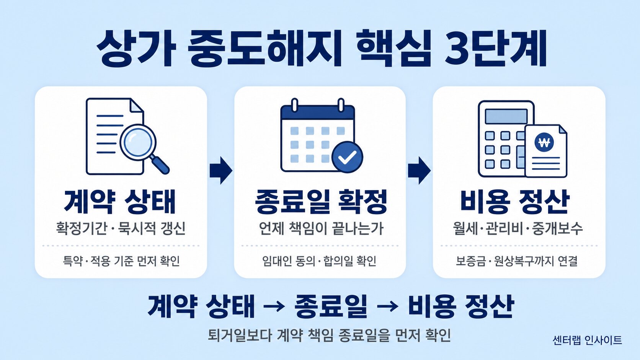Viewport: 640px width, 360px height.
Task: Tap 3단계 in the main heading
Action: tap(495, 49)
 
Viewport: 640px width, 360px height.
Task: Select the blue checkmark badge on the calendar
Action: tap(347, 157)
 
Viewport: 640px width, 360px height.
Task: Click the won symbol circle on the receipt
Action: tap(544, 142)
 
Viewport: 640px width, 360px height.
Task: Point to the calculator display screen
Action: tap(506, 116)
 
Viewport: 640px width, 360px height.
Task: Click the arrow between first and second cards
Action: tap(221, 171)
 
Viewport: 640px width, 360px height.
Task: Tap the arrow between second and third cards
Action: tap(419, 171)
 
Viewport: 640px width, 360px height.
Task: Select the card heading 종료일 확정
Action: tap(321, 202)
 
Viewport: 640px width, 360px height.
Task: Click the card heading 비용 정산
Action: tap(515, 202)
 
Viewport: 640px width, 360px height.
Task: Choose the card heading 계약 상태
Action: tap(120, 202)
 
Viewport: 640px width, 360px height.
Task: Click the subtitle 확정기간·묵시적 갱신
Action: tap(121, 228)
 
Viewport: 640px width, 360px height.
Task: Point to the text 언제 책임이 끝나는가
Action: tap(321, 228)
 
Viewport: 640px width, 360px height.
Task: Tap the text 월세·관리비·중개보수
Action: tap(518, 228)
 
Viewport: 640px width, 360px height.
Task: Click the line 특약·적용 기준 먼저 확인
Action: tap(121, 261)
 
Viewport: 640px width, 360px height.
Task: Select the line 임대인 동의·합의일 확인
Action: tap(319, 261)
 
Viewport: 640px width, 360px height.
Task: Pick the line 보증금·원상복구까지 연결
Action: tap(517, 261)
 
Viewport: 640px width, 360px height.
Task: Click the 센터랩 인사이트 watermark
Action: tap(587, 340)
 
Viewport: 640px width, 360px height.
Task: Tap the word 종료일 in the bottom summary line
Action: tap(331, 307)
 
